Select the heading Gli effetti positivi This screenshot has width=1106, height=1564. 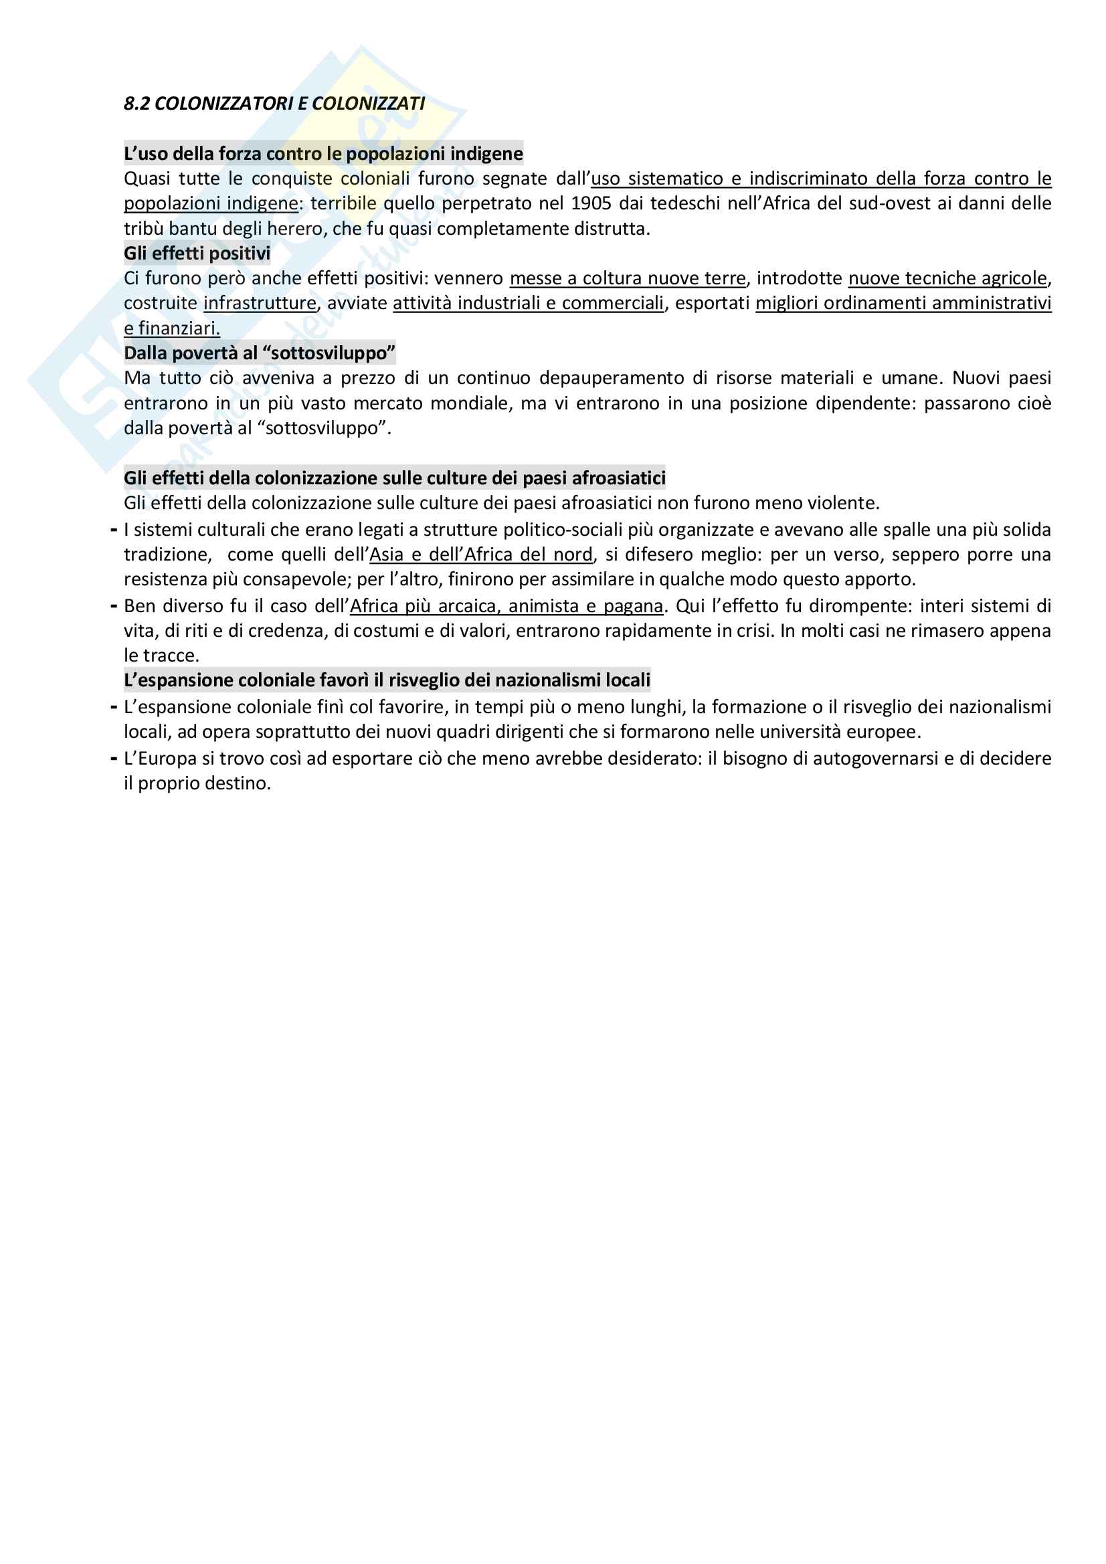pos(197,254)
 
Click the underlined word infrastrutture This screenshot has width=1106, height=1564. pos(260,303)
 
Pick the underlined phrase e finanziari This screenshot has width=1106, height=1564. pos(172,328)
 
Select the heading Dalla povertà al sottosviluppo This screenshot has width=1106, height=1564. pos(260,353)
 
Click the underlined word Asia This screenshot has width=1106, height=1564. pos(386,555)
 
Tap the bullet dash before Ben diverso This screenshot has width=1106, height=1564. pos(114,606)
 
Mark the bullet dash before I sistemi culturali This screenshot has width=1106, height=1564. pos(114,530)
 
